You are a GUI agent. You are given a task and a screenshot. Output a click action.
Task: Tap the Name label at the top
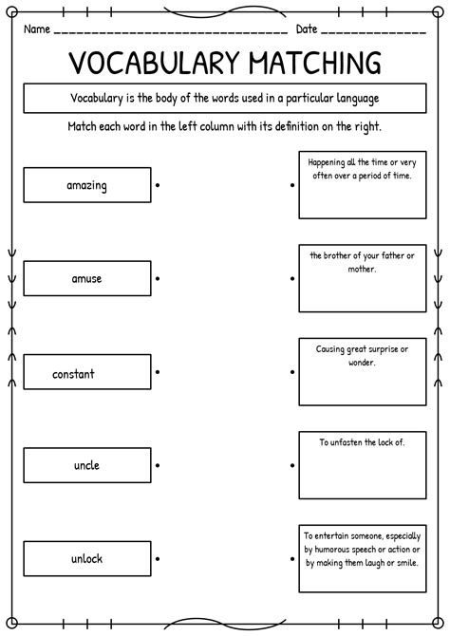tap(37, 29)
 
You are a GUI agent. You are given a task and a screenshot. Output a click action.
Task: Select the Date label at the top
tap(307, 29)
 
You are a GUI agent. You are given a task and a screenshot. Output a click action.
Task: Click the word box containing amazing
tap(87, 185)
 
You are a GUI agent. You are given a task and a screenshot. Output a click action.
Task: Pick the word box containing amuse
tap(87, 279)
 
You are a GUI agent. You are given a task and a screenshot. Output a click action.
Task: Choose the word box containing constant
tap(87, 373)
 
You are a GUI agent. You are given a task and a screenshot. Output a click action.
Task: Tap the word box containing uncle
tap(87, 465)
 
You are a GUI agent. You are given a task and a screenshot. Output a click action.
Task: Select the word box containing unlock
tap(87, 559)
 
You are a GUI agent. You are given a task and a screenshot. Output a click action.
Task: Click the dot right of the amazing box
tap(158, 185)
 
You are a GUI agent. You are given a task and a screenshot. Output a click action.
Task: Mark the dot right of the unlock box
tap(158, 559)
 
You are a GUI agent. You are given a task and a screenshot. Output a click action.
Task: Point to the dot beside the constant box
tap(158, 371)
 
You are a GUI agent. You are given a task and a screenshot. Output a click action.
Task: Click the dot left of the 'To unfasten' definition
tap(292, 465)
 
